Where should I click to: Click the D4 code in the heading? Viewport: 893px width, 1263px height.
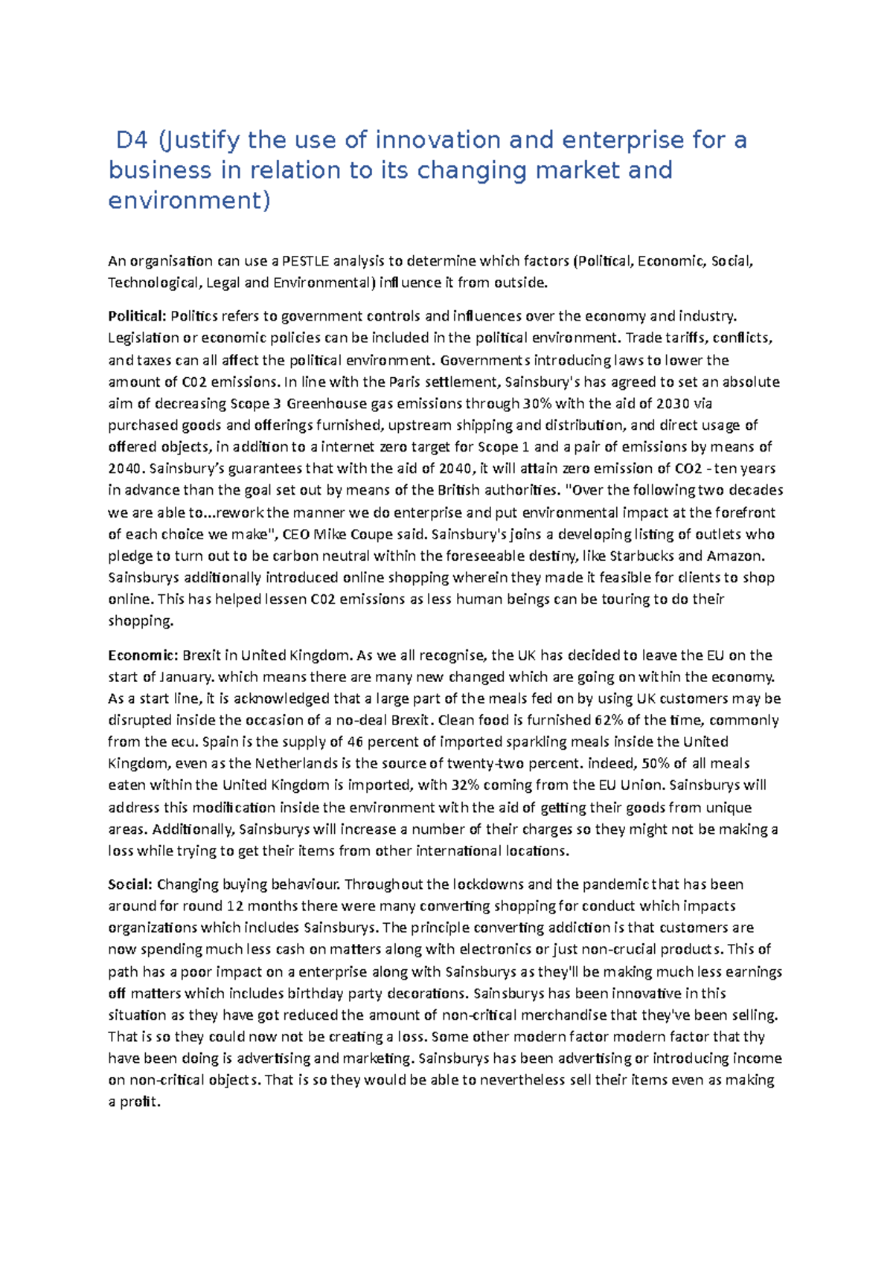(x=132, y=140)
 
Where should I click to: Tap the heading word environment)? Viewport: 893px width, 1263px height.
(x=190, y=200)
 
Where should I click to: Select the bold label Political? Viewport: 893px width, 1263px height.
(x=137, y=316)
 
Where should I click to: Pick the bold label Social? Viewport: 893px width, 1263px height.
(x=130, y=884)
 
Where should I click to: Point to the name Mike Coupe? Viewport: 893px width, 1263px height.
(x=348, y=534)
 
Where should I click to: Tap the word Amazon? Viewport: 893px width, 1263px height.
(x=734, y=556)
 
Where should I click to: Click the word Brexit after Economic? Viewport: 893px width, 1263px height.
(x=201, y=655)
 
